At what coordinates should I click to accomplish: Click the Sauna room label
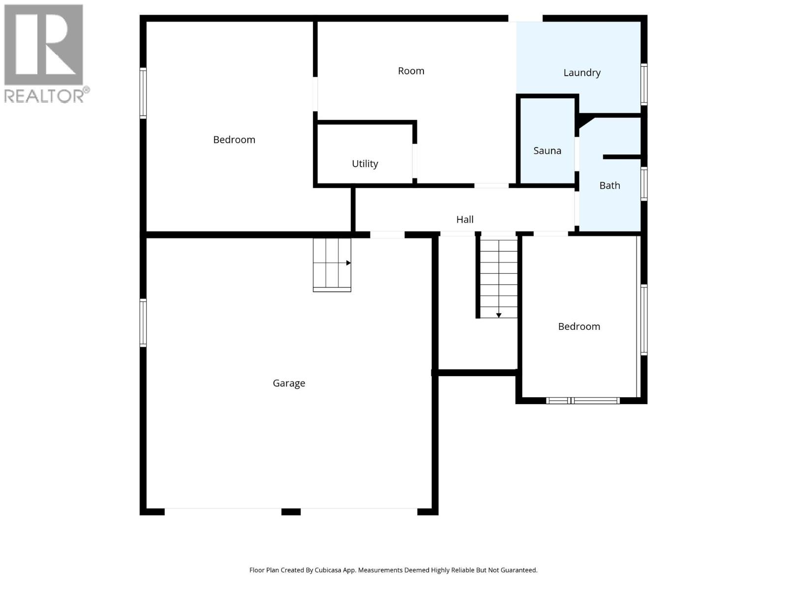pos(547,150)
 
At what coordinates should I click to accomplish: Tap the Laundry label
pos(582,73)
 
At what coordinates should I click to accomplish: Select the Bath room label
pos(609,185)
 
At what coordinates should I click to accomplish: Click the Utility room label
pos(364,164)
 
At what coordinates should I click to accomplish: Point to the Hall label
pos(465,219)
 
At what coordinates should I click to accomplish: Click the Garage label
pos(289,383)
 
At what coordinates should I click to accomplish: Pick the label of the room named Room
pos(411,71)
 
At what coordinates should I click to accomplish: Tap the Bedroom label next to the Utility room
pos(234,140)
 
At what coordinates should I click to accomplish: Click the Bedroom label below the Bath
pos(579,326)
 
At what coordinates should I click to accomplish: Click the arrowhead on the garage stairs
pos(348,263)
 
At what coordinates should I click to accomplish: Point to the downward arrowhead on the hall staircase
pos(499,315)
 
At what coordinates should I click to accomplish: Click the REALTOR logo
pos(44,53)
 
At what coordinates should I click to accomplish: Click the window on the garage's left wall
pos(143,323)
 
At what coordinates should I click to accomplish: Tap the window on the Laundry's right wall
pos(644,84)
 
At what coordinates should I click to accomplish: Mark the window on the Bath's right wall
pos(644,183)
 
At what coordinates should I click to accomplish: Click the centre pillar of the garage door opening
pos(291,512)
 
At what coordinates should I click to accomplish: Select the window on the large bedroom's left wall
pos(143,93)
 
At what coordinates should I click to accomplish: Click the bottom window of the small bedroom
pos(583,401)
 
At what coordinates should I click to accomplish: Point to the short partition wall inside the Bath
pos(622,157)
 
